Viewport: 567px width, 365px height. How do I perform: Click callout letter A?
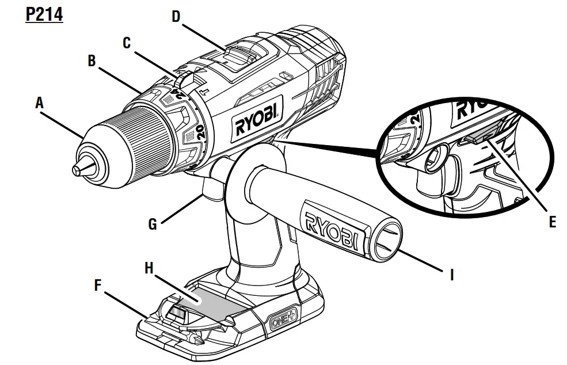[x=39, y=103]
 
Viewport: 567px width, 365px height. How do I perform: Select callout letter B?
[x=92, y=62]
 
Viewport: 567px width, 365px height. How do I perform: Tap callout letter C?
[x=127, y=43]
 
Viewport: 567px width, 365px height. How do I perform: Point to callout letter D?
[x=176, y=17]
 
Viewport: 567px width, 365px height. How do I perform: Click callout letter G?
[x=152, y=224]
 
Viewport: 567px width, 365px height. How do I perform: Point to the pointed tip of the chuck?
[x=77, y=169]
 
